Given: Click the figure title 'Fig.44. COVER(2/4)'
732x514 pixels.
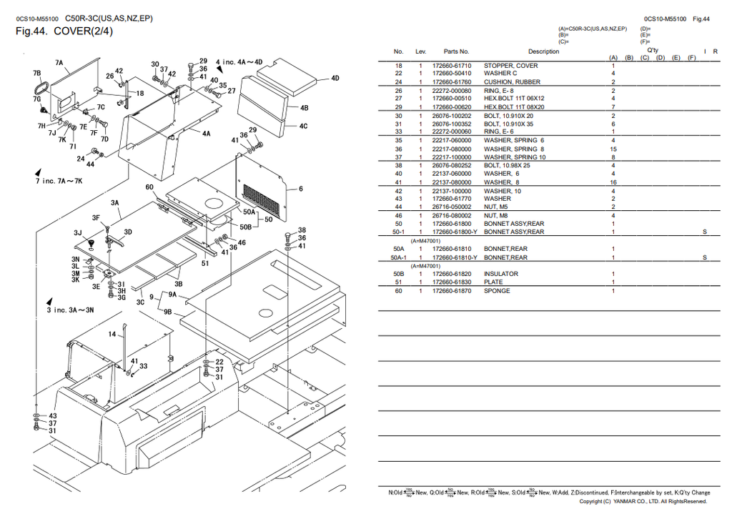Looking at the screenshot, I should [64, 31].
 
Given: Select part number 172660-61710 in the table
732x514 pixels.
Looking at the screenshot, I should [452, 66].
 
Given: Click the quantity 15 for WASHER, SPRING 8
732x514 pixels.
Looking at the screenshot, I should [613, 149].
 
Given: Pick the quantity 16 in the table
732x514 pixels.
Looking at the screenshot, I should [613, 182].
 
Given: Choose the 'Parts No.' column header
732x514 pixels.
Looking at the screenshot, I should [455, 51].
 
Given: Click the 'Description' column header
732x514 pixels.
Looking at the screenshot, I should [543, 51].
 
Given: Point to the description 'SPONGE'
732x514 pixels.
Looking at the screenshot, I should [497, 291].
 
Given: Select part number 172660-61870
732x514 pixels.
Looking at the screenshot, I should [452, 291].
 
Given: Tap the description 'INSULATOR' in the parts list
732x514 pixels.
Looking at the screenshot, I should [501, 274].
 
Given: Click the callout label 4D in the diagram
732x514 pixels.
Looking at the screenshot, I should [335, 78].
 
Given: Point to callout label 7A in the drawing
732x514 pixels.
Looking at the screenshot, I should [59, 63].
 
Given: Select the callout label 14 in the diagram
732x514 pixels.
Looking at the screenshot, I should [112, 335].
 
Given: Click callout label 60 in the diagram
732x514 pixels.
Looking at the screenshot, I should [149, 187].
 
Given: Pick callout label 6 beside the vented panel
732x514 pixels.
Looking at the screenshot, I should [300, 189].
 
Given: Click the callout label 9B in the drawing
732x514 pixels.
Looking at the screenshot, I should [167, 312].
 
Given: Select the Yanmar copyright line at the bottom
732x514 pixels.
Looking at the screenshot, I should [643, 502].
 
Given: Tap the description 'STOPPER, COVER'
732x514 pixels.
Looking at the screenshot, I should [510, 66].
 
